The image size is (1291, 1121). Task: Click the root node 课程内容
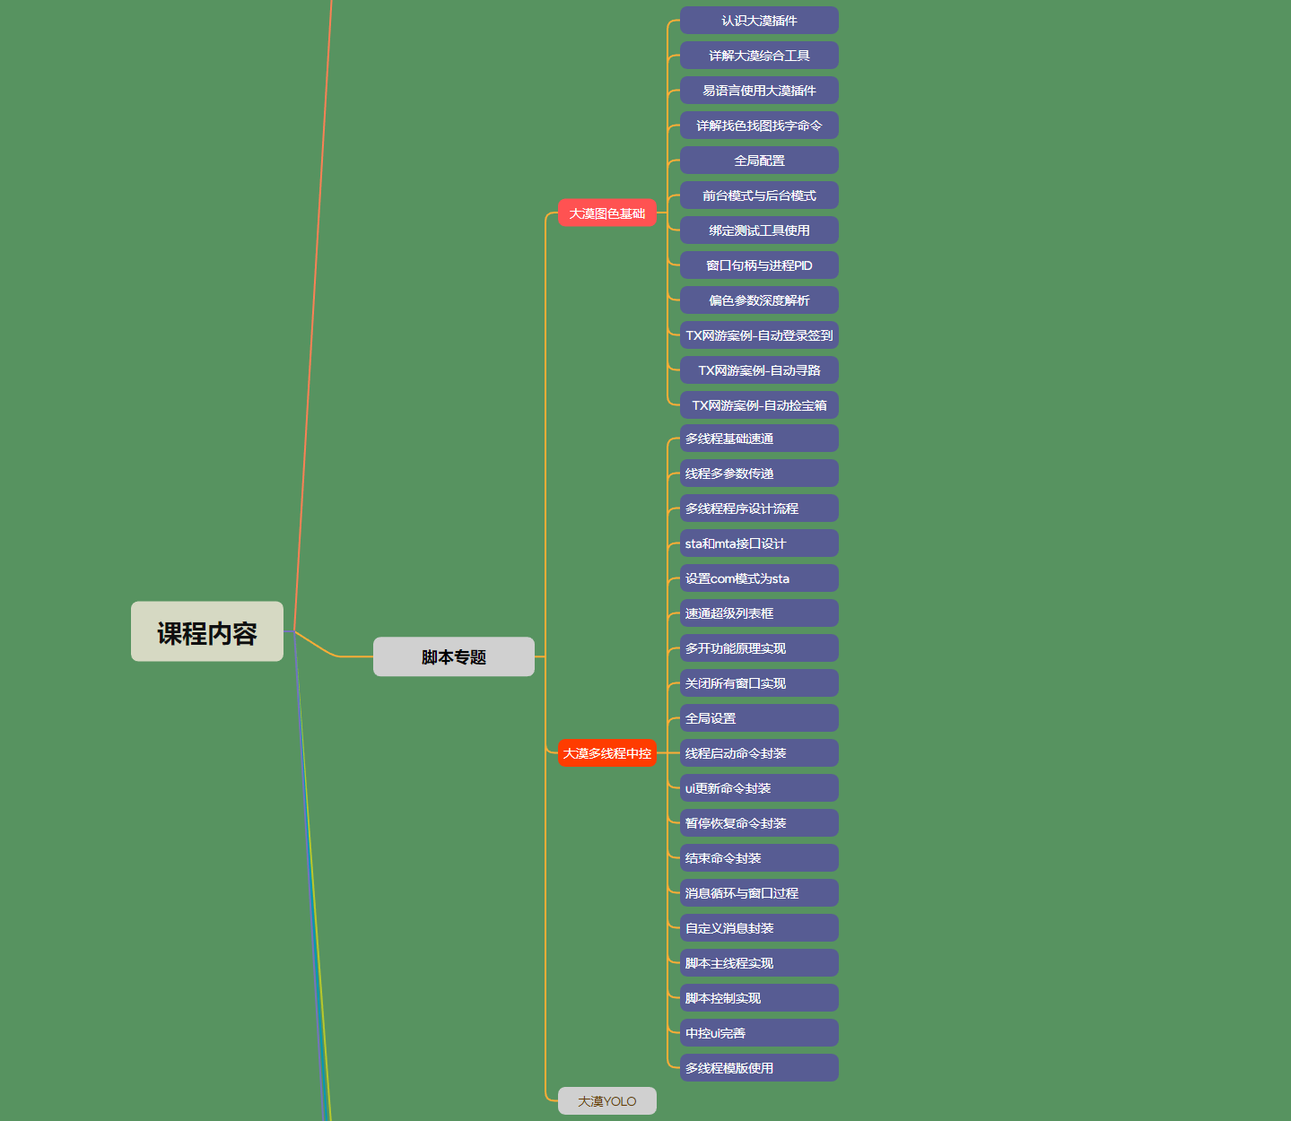207,631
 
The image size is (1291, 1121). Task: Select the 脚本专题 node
454,656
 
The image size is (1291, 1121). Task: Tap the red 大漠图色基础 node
607,213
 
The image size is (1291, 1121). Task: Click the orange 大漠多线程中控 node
607,753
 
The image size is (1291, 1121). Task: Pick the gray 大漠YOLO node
607,1101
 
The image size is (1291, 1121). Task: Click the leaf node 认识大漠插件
759,21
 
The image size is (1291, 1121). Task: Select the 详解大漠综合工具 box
759,56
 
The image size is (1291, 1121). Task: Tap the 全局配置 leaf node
759,161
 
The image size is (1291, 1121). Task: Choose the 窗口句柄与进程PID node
759,265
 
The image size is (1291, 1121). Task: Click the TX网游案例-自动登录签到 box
759,335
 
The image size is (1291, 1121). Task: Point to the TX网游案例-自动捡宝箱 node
759,405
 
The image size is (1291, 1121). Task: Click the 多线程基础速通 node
759,439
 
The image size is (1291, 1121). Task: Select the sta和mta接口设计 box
759,543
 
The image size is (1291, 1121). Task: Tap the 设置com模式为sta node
759,578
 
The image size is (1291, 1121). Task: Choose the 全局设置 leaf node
759,718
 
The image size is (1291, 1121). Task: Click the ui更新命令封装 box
759,788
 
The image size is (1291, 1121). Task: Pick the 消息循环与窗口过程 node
759,893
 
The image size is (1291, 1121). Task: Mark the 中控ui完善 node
759,1033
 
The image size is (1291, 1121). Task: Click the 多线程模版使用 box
759,1068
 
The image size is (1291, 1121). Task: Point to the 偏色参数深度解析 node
759,300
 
